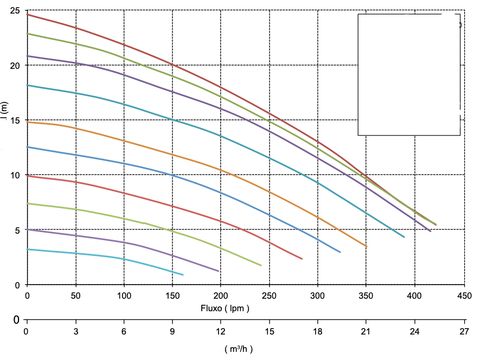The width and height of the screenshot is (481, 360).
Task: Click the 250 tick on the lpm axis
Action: (x=269, y=296)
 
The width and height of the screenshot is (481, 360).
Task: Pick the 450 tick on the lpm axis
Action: (x=463, y=296)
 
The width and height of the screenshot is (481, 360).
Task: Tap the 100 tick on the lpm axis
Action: (x=124, y=296)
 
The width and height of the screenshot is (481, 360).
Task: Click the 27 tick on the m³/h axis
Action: (x=464, y=331)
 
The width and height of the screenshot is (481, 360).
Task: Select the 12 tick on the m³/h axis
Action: (x=221, y=331)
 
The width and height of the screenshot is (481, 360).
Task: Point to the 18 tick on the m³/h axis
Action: (x=318, y=331)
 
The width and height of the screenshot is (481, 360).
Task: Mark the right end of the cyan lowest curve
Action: (x=183, y=275)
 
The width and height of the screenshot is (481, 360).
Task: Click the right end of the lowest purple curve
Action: (x=219, y=271)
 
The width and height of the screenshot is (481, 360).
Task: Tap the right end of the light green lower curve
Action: (x=261, y=266)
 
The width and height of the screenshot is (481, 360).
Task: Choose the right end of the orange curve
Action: (x=367, y=247)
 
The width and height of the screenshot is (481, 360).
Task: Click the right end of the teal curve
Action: (x=405, y=237)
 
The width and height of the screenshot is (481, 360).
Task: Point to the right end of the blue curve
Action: (x=341, y=252)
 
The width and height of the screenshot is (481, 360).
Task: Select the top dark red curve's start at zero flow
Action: (x=27, y=14)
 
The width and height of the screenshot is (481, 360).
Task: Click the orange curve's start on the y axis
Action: (x=27, y=122)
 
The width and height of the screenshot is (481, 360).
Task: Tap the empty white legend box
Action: (x=409, y=74)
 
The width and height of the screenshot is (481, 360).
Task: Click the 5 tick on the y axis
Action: (x=18, y=230)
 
